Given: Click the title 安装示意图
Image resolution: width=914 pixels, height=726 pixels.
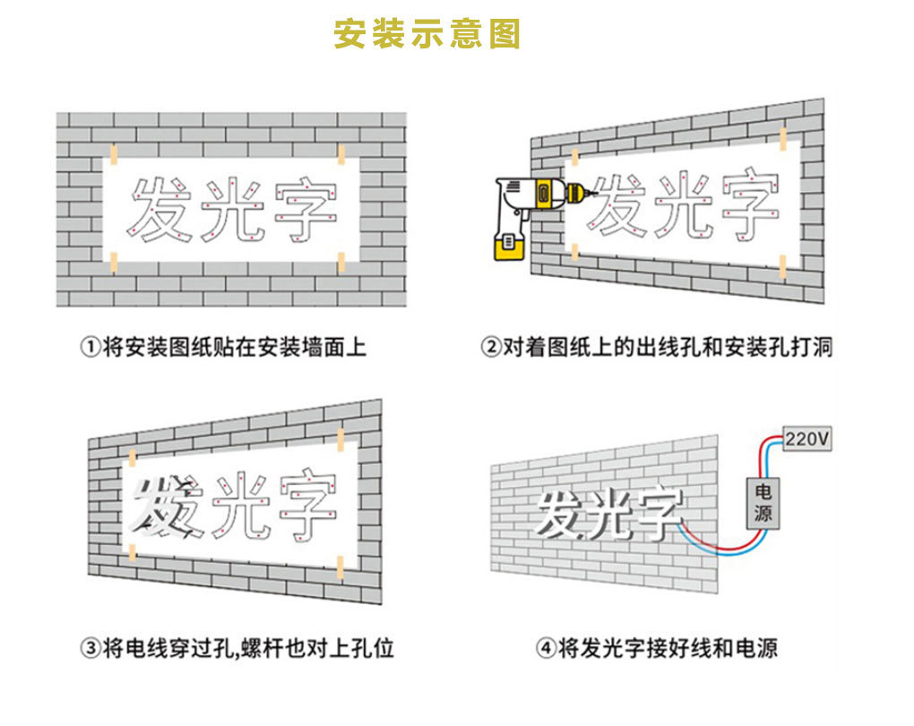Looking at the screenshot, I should [x=427, y=33].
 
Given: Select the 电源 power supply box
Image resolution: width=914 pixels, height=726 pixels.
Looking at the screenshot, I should [x=763, y=503].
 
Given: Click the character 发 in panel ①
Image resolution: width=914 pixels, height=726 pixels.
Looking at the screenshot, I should [x=160, y=210].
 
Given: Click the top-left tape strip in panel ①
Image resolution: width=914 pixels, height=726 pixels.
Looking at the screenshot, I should [x=113, y=151].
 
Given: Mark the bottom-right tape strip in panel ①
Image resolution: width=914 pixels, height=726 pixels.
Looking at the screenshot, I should [x=341, y=261].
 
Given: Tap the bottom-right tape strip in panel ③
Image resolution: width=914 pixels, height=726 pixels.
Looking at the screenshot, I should [x=341, y=566].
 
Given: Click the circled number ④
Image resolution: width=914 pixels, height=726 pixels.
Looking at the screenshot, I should [x=546, y=647].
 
